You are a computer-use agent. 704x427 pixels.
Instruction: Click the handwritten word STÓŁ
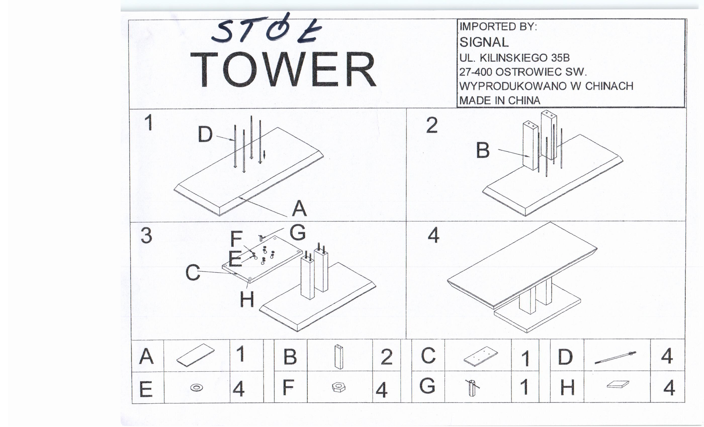pyautogui.click(x=267, y=29)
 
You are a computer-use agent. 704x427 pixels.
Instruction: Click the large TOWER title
pyautogui.click(x=284, y=70)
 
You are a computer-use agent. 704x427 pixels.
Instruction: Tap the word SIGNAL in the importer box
pyautogui.click(x=484, y=42)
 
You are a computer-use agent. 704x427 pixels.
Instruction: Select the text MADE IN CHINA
pyautogui.click(x=500, y=100)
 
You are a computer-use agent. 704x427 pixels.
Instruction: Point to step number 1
pyautogui.click(x=149, y=123)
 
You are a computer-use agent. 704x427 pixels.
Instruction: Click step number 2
pyautogui.click(x=432, y=125)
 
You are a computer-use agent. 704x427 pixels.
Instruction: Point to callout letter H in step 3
pyautogui.click(x=247, y=300)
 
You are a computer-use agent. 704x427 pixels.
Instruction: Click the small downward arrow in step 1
pyautogui.click(x=264, y=154)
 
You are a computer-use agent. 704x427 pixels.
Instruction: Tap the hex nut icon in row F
pyautogui.click(x=339, y=387)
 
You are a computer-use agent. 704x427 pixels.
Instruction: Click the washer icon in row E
pyautogui.click(x=197, y=388)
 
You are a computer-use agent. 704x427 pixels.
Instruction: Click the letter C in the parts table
pyautogui.click(x=428, y=356)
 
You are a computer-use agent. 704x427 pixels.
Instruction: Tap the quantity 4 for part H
pyautogui.click(x=669, y=388)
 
